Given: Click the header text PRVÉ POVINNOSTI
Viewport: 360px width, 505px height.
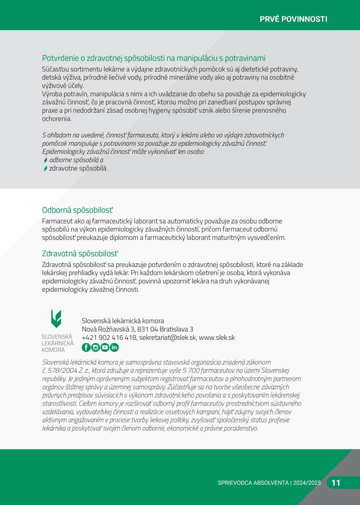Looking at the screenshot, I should point(293,19).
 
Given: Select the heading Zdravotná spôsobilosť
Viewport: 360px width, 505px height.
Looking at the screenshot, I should point(80,253).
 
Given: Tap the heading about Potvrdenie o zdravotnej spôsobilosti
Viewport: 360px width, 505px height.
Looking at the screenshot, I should point(154,58).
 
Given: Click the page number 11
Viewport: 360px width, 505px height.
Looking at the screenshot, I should point(336,482).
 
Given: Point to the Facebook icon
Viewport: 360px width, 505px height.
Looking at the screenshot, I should point(86,347).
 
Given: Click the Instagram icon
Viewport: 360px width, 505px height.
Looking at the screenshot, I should point(95,347).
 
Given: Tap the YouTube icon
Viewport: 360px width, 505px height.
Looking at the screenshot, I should point(105,347).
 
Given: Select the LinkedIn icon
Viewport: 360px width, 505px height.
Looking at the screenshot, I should point(114,347).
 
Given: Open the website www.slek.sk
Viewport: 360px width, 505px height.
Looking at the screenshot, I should point(217,337).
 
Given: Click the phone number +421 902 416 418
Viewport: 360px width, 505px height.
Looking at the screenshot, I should point(109,337).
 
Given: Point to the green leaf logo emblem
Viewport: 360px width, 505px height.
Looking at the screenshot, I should point(56,319).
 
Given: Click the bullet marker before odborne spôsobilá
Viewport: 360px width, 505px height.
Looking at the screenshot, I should point(46,160).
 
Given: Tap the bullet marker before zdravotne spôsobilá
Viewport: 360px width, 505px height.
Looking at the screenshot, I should point(46,169).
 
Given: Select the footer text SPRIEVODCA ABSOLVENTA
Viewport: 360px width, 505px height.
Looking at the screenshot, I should point(253,483).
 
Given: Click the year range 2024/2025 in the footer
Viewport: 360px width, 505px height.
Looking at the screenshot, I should point(307,483).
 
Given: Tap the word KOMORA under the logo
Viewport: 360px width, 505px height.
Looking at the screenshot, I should point(53,350).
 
